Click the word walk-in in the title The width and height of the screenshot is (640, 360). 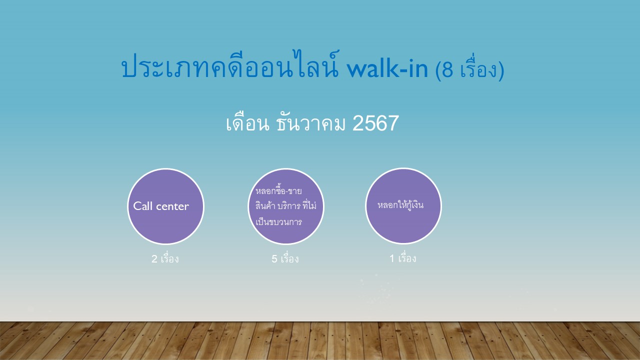pos(386,69)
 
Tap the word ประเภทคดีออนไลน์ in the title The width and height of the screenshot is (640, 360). pos(231,69)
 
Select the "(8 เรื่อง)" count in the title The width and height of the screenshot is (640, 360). pos(469,70)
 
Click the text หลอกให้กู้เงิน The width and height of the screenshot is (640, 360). pos(400,205)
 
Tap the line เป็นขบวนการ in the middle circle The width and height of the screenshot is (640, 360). pos(278,221)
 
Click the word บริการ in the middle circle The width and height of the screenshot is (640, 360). pos(290,206)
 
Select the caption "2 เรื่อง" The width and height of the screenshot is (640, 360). pos(165,259)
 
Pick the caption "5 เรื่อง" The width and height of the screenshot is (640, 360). pos(285,259)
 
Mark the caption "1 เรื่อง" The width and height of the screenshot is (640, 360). pos(403,258)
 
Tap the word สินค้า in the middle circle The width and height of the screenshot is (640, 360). pos(266,206)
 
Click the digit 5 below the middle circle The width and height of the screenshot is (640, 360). pos(274,259)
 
